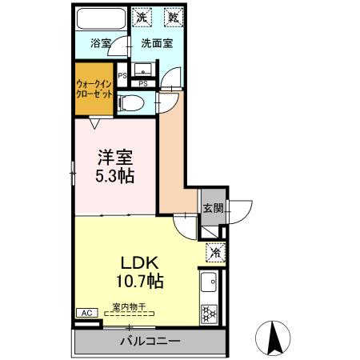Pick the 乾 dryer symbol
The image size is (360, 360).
(x=172, y=16)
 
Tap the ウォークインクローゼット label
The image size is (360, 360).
(x=94, y=87)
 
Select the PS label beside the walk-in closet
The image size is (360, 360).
(x=122, y=76)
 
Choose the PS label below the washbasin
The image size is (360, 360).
(x=143, y=82)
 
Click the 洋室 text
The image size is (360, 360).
(x=111, y=158)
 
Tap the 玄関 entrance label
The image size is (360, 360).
(x=211, y=208)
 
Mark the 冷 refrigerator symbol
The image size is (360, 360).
(x=214, y=252)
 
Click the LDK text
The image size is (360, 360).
(x=142, y=263)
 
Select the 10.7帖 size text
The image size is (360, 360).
(x=142, y=282)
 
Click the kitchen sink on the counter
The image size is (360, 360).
(x=210, y=282)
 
